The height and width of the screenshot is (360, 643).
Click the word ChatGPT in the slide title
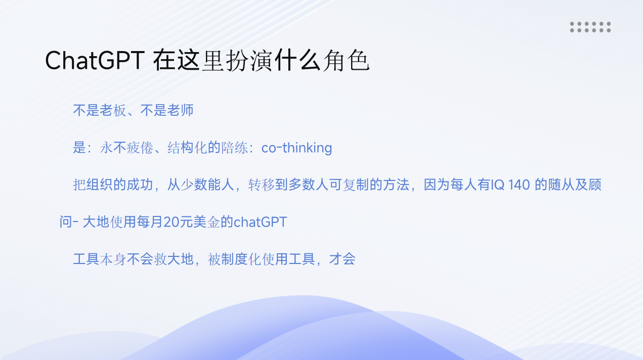(x=95, y=61)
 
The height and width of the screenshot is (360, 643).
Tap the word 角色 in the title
(x=346, y=61)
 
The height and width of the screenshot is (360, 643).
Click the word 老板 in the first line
(x=113, y=110)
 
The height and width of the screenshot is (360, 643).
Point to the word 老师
(x=180, y=110)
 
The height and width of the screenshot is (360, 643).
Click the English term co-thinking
(x=296, y=148)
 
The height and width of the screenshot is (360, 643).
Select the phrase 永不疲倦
(x=126, y=148)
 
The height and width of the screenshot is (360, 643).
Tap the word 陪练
(x=234, y=148)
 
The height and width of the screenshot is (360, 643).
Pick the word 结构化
(x=187, y=148)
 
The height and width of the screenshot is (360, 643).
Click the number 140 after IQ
(x=519, y=185)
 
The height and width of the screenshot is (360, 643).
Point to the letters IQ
(x=497, y=185)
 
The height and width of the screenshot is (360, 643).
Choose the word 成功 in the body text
(x=140, y=185)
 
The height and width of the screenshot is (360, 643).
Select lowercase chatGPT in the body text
(x=261, y=222)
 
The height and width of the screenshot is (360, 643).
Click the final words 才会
(x=342, y=259)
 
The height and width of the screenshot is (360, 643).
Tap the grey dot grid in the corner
(x=590, y=27)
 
